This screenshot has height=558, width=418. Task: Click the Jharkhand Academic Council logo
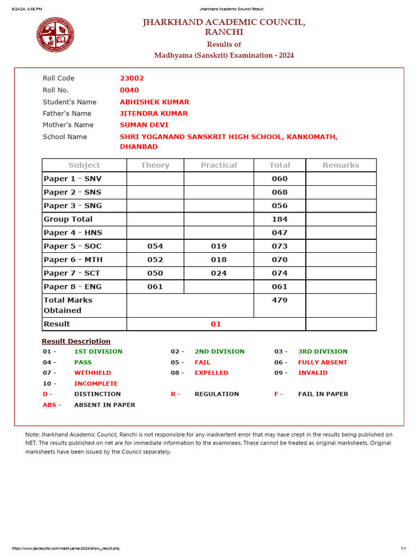click(56, 35)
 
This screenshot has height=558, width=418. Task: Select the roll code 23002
click(132, 78)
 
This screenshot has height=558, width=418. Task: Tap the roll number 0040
click(130, 90)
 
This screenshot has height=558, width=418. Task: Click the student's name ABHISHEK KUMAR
click(155, 102)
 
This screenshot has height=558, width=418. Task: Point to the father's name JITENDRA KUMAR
click(153, 114)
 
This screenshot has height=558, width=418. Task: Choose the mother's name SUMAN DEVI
click(144, 125)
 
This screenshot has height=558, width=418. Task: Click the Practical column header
click(219, 165)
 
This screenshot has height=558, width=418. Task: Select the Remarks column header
click(341, 165)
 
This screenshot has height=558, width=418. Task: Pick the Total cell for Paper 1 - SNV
click(280, 179)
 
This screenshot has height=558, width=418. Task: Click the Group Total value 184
click(280, 219)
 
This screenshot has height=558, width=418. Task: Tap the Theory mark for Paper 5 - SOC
click(155, 246)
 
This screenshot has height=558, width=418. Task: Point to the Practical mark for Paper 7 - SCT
click(219, 274)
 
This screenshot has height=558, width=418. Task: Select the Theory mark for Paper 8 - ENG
click(155, 287)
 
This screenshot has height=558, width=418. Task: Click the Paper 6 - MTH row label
click(73, 260)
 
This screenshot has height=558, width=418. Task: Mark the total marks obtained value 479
click(280, 300)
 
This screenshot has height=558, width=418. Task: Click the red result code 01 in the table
click(216, 324)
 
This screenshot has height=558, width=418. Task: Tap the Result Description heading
click(76, 342)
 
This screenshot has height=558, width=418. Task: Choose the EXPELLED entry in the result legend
click(211, 373)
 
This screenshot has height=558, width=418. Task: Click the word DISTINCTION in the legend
click(97, 394)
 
